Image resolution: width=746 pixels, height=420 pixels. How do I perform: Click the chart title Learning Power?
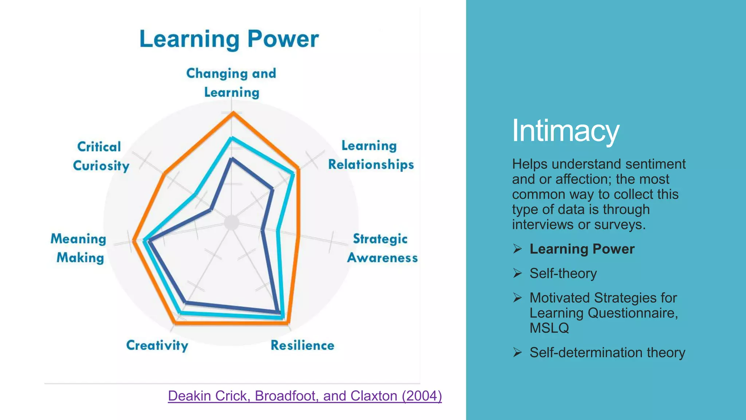(229, 39)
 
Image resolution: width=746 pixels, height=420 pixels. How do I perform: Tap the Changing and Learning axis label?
(231, 83)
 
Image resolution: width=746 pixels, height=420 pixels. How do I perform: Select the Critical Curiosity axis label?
(101, 156)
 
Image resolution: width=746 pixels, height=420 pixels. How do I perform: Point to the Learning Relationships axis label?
(371, 155)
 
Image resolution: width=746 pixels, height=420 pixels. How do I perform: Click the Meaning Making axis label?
(79, 248)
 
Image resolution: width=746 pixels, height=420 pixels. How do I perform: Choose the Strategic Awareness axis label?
(382, 248)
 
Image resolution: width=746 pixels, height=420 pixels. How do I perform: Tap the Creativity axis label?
(157, 345)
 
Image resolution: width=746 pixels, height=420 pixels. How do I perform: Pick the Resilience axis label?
(302, 345)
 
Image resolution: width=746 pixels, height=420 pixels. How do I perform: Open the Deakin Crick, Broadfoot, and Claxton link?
(305, 396)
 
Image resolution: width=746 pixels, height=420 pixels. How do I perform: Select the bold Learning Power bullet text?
(582, 249)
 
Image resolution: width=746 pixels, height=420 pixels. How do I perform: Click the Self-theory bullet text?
(563, 273)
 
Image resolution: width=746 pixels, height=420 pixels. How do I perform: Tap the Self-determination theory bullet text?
(607, 353)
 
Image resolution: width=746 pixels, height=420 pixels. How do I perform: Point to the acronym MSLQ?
(549, 328)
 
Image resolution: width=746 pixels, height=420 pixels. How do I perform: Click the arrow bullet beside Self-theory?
(517, 273)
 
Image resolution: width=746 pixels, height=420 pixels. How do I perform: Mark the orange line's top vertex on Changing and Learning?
(233, 113)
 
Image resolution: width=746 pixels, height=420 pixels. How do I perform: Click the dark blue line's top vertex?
(232, 159)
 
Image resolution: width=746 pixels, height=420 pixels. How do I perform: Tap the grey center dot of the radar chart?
(231, 223)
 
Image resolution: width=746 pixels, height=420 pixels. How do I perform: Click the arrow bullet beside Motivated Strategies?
(517, 297)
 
